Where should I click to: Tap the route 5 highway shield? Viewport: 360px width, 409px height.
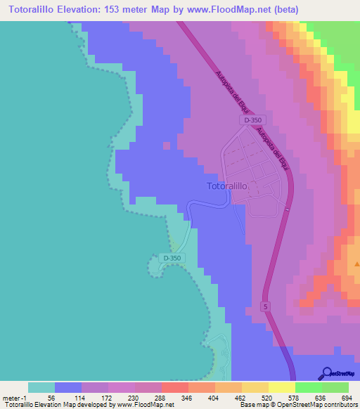coord(265,306)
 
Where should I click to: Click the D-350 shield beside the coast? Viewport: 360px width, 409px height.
coord(172,259)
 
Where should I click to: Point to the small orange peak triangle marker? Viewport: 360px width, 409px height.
coord(356,265)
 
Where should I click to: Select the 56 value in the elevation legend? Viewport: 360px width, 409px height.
coord(50,398)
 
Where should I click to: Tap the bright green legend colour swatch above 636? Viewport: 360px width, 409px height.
coord(309,387)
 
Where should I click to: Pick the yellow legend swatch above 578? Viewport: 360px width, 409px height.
coord(282,387)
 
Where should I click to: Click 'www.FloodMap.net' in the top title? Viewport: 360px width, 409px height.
coord(224,10)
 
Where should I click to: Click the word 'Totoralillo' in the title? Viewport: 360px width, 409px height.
coord(31,10)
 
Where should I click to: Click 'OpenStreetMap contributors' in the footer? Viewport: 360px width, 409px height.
coord(315,405)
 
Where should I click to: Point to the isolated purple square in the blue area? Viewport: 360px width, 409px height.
coord(166,146)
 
